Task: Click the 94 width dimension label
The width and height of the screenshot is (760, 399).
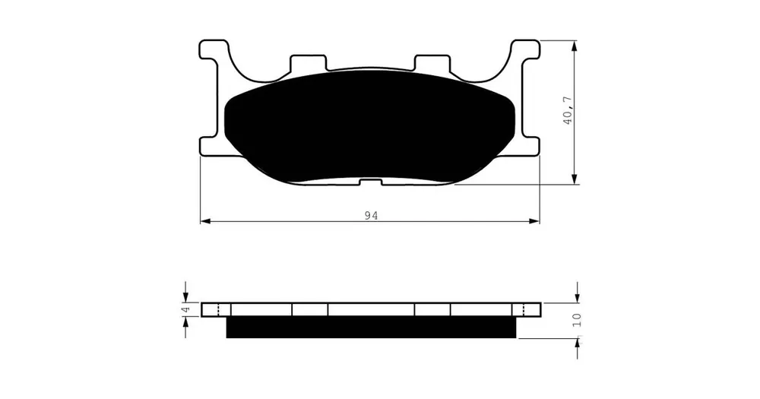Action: (372, 216)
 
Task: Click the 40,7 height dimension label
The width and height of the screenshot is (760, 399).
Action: (568, 110)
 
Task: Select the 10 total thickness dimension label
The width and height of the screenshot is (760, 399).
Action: (577, 320)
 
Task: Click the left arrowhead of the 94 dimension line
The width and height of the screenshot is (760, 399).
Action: (205, 222)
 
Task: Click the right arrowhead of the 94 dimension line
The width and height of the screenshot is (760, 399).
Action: (534, 222)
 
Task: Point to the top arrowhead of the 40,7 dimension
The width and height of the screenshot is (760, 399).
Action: (575, 46)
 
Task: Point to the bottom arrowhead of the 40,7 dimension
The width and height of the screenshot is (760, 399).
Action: (575, 179)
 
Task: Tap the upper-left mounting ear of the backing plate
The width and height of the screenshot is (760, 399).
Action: (214, 50)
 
